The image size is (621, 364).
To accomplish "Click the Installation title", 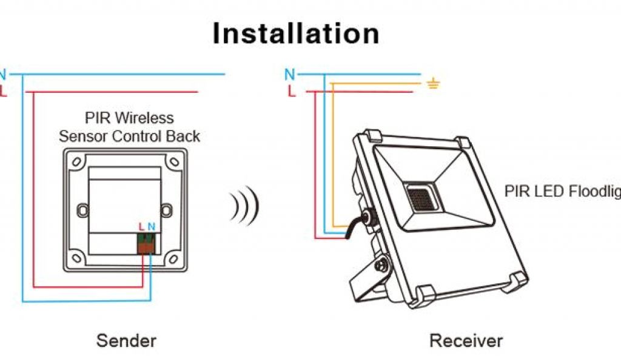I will click(296, 34).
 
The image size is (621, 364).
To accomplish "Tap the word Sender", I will click(126, 340).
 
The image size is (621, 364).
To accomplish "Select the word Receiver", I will click(466, 340).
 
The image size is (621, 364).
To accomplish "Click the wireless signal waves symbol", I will click(244, 205).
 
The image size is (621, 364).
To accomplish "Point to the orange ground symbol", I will click(432, 84).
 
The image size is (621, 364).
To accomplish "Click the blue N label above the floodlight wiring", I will click(290, 75).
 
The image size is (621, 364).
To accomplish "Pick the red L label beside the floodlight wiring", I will click(292, 92).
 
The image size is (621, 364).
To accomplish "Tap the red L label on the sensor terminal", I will click(141, 227).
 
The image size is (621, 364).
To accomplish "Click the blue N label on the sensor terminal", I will click(152, 227).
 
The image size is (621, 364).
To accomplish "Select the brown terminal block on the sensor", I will click(147, 243).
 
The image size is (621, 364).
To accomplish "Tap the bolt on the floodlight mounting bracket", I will click(381, 265).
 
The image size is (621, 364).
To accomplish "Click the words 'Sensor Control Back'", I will click(129, 136).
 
